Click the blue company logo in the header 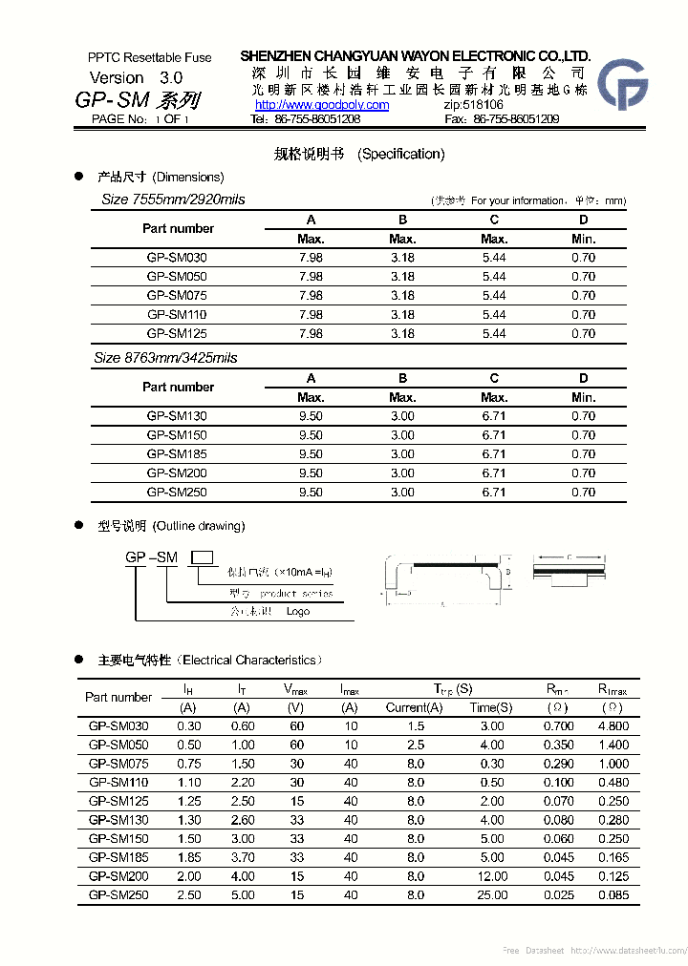pyautogui.click(x=622, y=84)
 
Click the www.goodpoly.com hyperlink pyautogui.click(x=322, y=105)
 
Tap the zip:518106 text pyautogui.click(x=474, y=105)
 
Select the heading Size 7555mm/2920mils pyautogui.click(x=173, y=199)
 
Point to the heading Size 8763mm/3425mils pyautogui.click(x=165, y=358)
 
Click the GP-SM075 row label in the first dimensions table pyautogui.click(x=177, y=296)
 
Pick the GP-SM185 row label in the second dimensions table pyautogui.click(x=177, y=454)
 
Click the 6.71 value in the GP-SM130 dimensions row pyautogui.click(x=494, y=416)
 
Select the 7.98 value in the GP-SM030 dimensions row pyautogui.click(x=311, y=258)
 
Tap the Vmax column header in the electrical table pyautogui.click(x=296, y=688)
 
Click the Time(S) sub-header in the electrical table pyautogui.click(x=491, y=707)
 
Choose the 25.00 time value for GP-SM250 pyautogui.click(x=493, y=895)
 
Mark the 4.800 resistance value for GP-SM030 pyautogui.click(x=613, y=726)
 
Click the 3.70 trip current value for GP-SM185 pyautogui.click(x=243, y=858)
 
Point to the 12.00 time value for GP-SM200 pyautogui.click(x=493, y=876)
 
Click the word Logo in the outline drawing pyautogui.click(x=298, y=612)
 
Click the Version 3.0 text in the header pyautogui.click(x=136, y=77)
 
